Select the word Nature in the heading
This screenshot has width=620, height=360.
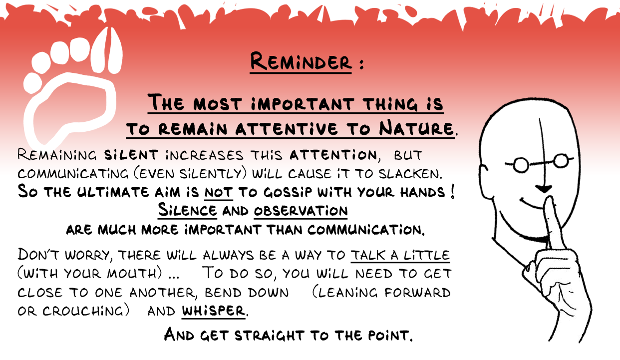(416, 128)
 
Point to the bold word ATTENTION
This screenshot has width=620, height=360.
(333, 154)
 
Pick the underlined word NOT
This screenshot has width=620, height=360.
(219, 192)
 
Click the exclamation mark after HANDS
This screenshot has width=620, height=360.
(453, 192)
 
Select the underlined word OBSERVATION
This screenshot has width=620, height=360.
(301, 211)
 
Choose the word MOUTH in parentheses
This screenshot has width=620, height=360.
(132, 274)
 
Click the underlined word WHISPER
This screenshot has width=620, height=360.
(213, 311)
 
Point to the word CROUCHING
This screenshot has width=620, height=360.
(83, 311)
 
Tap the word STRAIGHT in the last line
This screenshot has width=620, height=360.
(269, 335)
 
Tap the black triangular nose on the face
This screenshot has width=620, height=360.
(544, 189)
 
